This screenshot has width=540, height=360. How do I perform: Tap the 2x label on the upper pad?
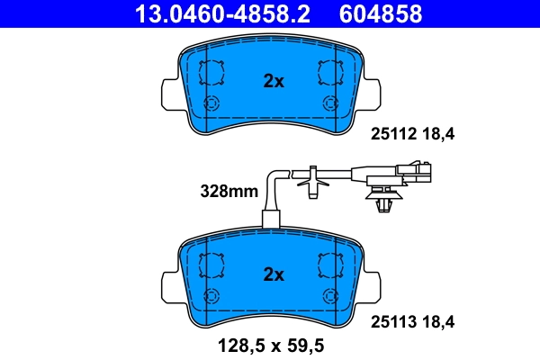tap(273, 81)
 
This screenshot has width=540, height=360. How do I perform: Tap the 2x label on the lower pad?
tap(273, 274)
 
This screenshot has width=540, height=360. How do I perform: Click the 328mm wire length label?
tap(229, 191)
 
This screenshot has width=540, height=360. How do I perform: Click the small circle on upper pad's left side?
tap(213, 103)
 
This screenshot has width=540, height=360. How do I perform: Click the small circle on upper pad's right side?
tap(330, 103)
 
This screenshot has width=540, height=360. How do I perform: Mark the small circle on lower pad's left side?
tap(213, 296)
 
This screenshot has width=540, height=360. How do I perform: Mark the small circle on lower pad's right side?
tap(330, 296)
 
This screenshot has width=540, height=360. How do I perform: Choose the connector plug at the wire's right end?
tap(415, 168)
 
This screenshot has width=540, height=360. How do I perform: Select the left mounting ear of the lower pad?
tap(167, 285)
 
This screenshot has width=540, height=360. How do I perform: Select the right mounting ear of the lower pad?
tap(378, 285)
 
